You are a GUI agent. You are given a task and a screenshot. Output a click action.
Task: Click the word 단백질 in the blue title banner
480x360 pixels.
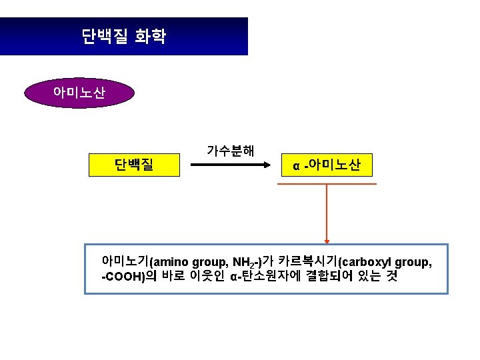coord(105,36)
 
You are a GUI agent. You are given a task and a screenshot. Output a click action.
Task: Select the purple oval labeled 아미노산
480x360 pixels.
coord(79,93)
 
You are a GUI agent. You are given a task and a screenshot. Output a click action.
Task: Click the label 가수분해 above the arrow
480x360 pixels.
coord(231,150)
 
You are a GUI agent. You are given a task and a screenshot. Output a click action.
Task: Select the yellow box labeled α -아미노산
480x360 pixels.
coord(327,165)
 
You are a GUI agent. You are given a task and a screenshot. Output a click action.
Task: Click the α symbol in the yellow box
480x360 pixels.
coord(297,166)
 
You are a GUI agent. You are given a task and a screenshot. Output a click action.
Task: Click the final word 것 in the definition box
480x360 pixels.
coord(391,277)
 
